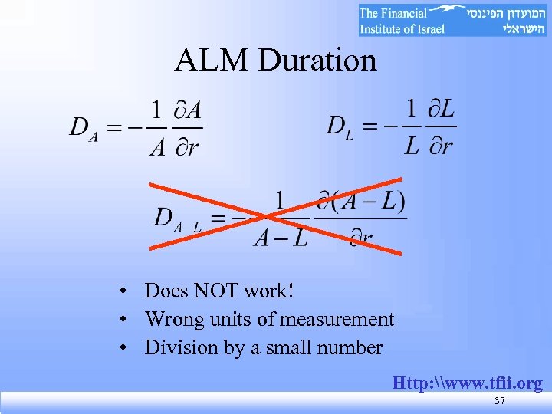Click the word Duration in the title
pyautogui.click(x=318, y=61)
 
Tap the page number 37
pyautogui.click(x=500, y=402)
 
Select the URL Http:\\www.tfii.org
pyautogui.click(x=468, y=383)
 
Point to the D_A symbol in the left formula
pyautogui.click(x=83, y=127)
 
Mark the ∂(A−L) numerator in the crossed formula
pyautogui.click(x=360, y=202)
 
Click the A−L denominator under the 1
pyautogui.click(x=280, y=238)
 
